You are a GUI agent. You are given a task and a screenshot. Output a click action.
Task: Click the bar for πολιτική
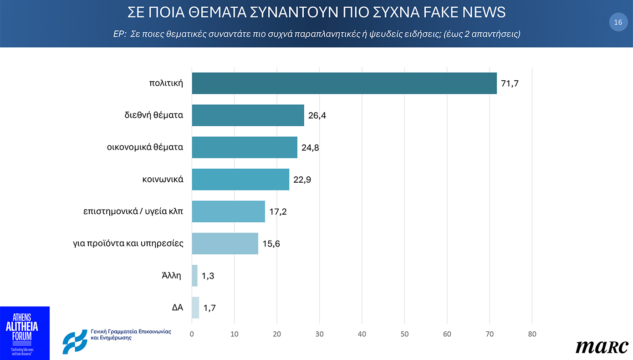pos(344,83)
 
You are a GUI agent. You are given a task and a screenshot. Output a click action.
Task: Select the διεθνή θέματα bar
pos(248,115)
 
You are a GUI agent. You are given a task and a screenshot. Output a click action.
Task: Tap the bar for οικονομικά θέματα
pos(245,147)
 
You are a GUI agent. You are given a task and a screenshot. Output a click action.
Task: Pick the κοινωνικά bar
pos(240,180)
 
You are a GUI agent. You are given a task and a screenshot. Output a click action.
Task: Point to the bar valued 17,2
pos(228,211)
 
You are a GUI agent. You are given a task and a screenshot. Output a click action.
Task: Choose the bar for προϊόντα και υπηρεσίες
pos(225,243)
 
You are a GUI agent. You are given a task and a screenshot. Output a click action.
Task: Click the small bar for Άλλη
pos(195,276)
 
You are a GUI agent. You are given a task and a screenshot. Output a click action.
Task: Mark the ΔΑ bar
pos(195,308)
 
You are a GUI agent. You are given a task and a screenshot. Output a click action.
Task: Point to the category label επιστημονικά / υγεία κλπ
pos(133,211)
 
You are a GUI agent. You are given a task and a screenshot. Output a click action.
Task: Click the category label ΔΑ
pos(178,308)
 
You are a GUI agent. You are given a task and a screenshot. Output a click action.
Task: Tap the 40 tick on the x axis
pos(362,334)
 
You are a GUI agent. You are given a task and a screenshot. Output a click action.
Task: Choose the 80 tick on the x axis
pos(532,334)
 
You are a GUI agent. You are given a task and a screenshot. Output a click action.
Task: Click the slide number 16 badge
pos(618,22)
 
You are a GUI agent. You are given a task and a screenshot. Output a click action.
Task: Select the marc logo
pos(602,347)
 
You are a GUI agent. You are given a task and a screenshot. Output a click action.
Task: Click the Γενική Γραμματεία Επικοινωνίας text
pos(131,332)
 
